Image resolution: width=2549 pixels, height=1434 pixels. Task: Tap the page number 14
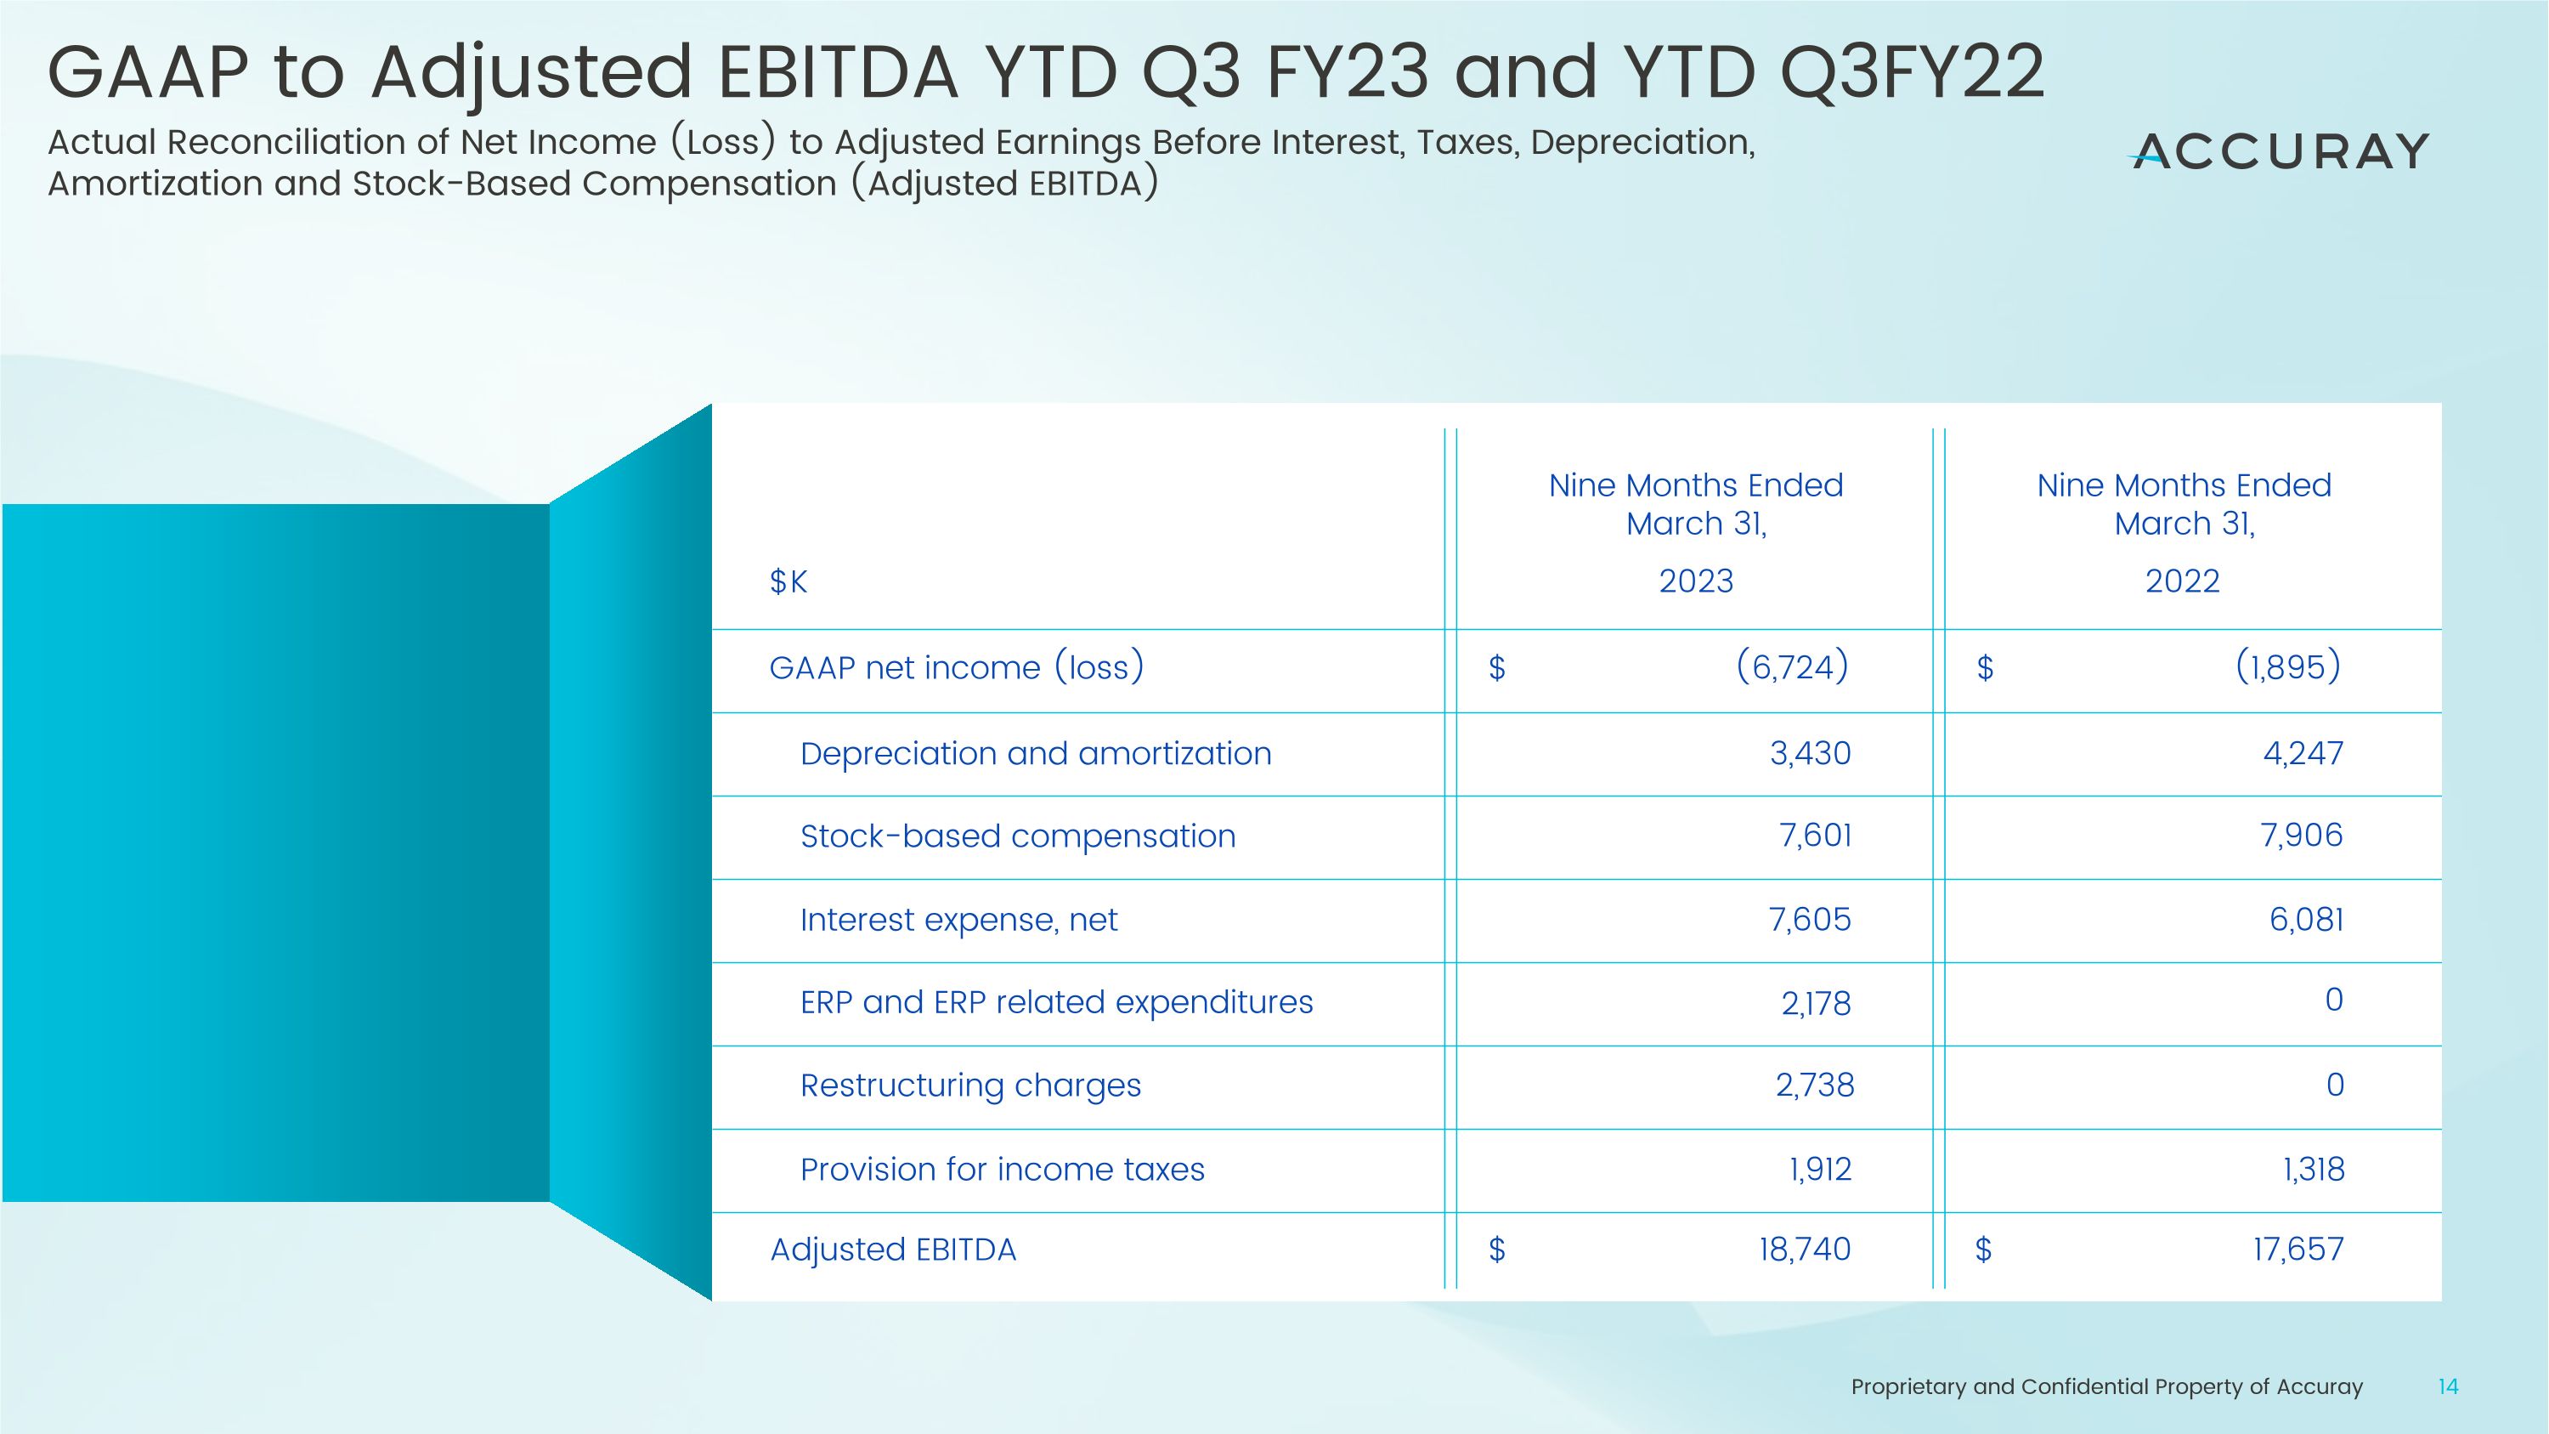click(2448, 1386)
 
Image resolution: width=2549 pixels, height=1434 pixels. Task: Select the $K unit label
click(788, 582)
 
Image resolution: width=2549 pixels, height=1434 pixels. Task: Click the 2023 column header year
click(1695, 581)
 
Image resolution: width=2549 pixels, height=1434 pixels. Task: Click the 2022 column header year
click(2182, 581)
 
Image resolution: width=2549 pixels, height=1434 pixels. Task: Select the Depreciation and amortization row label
click(1035, 754)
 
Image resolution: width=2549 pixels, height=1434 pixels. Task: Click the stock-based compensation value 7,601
click(1815, 836)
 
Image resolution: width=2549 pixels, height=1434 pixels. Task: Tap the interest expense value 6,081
click(2306, 921)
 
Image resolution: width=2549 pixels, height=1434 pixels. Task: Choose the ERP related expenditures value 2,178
click(1816, 1004)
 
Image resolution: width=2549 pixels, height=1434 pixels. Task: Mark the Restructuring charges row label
click(969, 1085)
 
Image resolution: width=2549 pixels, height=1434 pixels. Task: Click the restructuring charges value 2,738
click(1815, 1085)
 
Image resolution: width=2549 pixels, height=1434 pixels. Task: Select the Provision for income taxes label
click(1002, 1170)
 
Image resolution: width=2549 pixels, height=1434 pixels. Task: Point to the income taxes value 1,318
click(2313, 1170)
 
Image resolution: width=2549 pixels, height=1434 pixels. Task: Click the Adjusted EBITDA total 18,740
click(1804, 1250)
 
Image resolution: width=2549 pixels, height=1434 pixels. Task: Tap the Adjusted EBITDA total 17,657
click(2297, 1250)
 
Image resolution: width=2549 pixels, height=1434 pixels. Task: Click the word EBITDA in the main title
click(837, 72)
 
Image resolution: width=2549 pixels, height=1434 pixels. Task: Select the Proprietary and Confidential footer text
click(2105, 1387)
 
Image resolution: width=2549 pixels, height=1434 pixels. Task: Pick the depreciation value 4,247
click(2303, 754)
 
